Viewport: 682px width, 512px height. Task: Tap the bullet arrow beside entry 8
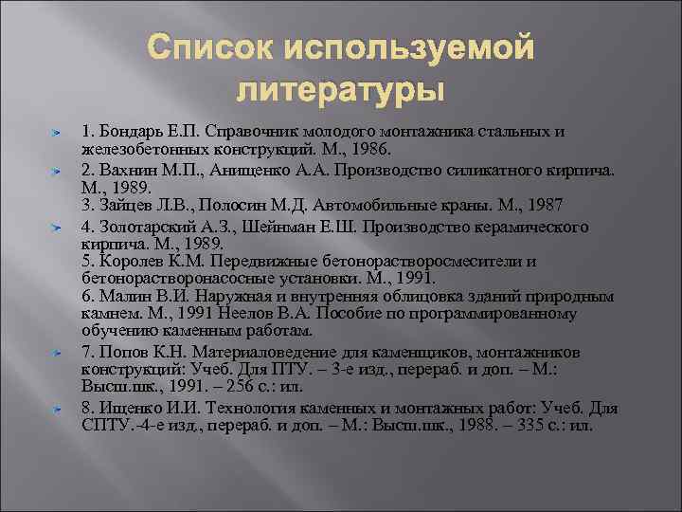click(57, 409)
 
